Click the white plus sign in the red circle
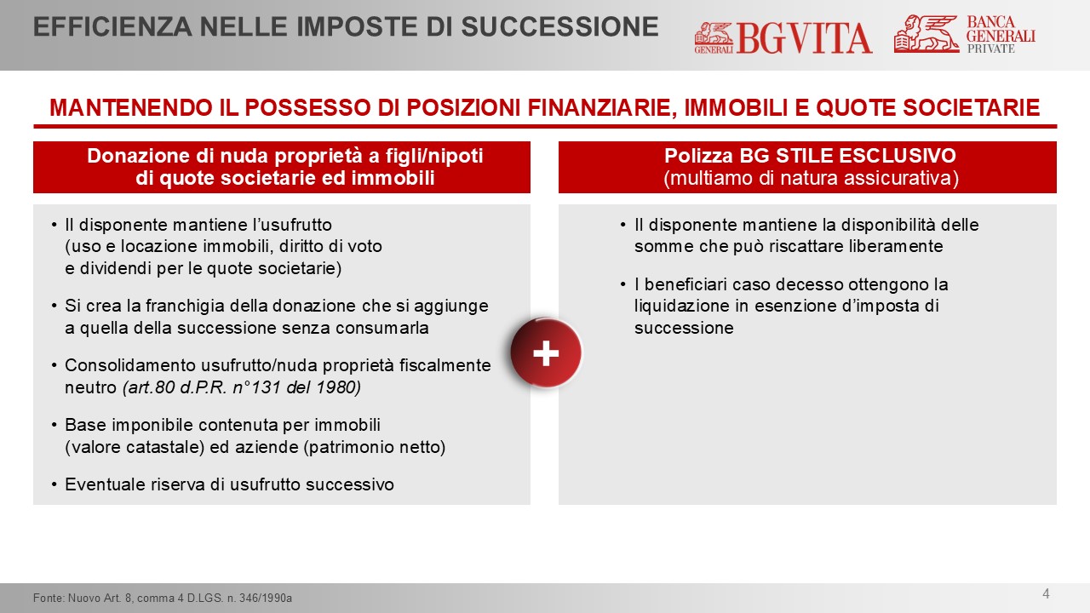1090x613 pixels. tap(546, 353)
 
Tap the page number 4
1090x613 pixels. tap(1047, 593)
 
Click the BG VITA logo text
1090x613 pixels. tap(804, 38)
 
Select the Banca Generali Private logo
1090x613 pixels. tap(965, 34)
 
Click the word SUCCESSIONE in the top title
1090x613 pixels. tap(559, 26)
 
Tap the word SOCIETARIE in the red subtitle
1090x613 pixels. tap(972, 107)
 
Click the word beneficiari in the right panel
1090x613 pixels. tap(686, 284)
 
